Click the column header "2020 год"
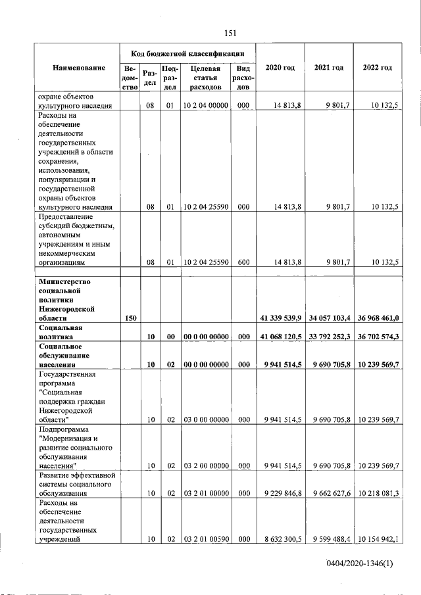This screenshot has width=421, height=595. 280,68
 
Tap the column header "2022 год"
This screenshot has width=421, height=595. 378,68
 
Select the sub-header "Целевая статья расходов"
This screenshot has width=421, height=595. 205,77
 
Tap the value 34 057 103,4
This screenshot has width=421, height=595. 330,318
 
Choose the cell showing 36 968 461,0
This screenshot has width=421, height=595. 378,318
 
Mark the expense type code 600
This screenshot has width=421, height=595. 243,262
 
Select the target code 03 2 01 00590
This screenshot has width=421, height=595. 205,539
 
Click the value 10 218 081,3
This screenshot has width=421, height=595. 379,493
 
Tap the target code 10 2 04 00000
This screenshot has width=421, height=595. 205,105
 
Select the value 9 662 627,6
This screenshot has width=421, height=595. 331,493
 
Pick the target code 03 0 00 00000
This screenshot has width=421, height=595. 205,419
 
